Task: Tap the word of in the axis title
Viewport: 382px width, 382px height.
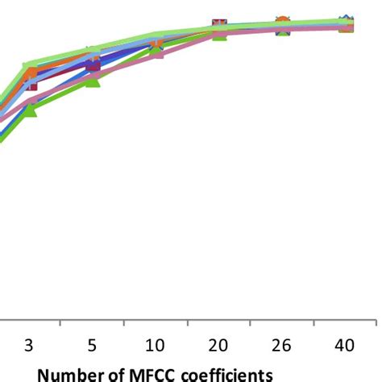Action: [118, 374]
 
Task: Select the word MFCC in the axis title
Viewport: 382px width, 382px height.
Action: [152, 374]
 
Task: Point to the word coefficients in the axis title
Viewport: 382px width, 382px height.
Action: [224, 374]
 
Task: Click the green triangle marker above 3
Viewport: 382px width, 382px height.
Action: [30, 109]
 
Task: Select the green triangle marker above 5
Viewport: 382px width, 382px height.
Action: [93, 79]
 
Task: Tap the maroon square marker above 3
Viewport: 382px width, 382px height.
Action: [30, 82]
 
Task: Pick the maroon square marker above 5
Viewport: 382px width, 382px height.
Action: [93, 63]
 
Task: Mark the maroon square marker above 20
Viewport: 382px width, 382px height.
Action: [219, 27]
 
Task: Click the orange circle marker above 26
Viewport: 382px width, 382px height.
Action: [282, 23]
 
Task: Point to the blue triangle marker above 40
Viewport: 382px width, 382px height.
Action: [345, 20]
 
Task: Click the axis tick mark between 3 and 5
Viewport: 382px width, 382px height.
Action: [60, 323]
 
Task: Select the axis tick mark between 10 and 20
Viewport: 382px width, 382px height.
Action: [187, 323]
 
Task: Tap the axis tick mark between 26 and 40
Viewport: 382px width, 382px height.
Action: [313, 323]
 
